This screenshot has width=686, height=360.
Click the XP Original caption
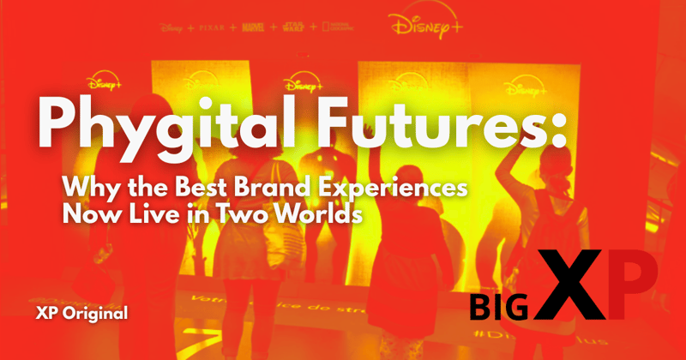pyautogui.click(x=81, y=313)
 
